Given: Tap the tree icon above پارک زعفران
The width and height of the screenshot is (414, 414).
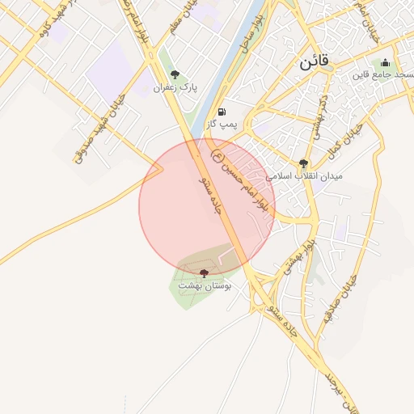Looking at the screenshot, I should coord(175,74).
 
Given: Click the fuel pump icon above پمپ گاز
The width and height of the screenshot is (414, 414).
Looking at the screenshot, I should coord(222,112).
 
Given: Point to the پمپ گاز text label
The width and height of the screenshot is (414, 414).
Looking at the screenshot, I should coord(222,125).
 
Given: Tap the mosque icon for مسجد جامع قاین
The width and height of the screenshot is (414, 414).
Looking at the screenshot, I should coord(385,63).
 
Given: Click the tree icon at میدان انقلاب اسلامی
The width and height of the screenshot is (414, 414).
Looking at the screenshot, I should coord(303,163).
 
